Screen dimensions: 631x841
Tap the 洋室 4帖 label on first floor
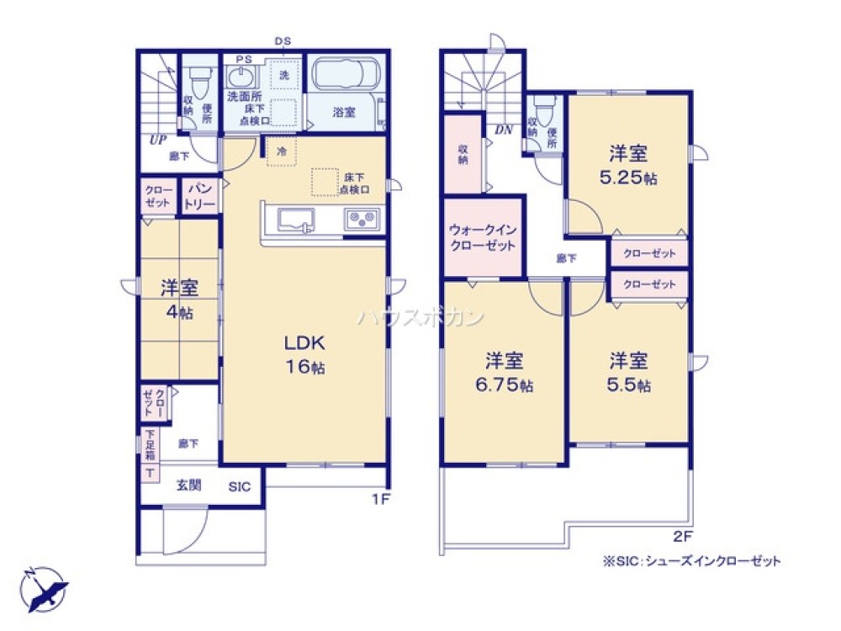pyautogui.click(x=180, y=299)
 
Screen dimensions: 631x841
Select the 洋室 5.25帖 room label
pyautogui.click(x=628, y=165)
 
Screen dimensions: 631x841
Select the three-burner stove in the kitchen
pyautogui.click(x=363, y=220)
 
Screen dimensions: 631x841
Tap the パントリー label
pyautogui.click(x=200, y=197)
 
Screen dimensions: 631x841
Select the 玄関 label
pyautogui.click(x=188, y=485)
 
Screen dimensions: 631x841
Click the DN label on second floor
pyautogui.click(x=504, y=129)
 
